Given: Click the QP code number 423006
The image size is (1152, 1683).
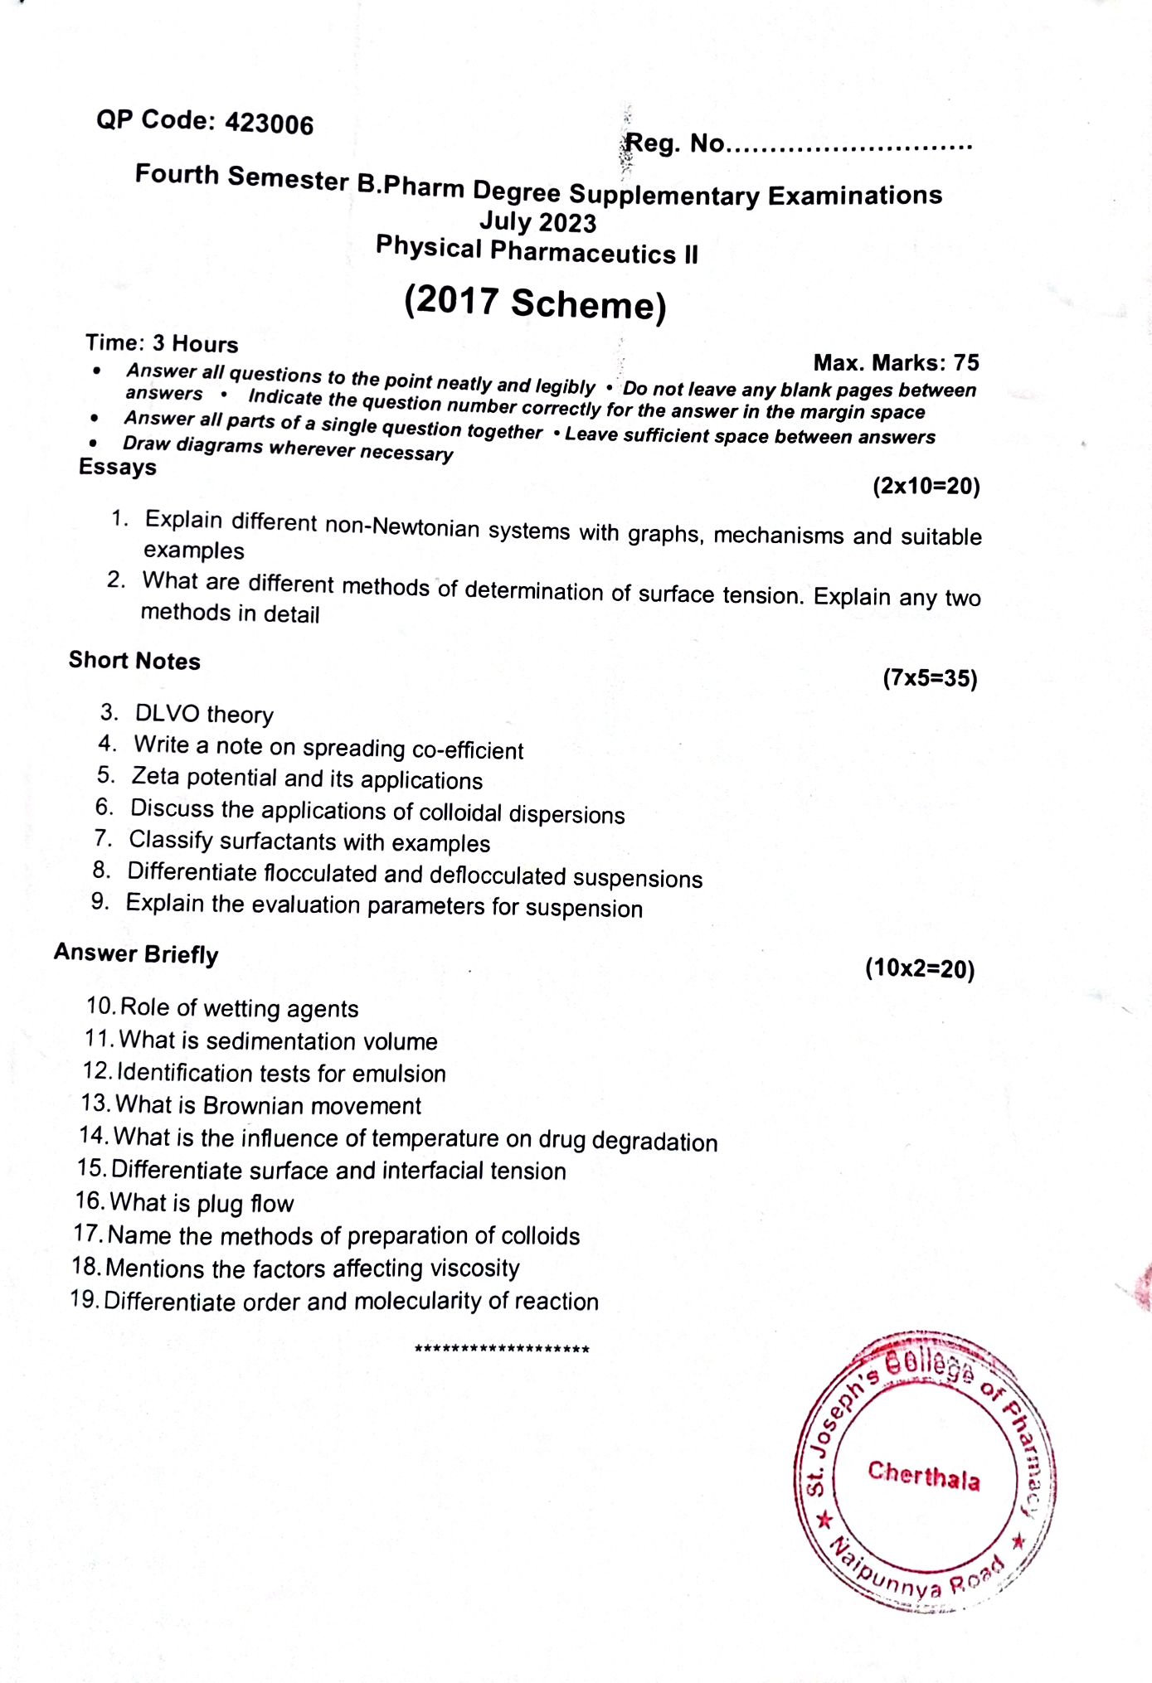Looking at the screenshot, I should pos(270,124).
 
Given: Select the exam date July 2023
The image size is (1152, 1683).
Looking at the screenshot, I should pos(537,222).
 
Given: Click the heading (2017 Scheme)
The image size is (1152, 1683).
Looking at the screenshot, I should pos(535,303).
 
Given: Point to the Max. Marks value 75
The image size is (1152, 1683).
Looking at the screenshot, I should pos(966,362).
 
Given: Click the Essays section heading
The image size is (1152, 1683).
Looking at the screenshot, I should pos(117,467).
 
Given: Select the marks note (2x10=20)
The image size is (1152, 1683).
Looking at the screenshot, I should pos(926,486).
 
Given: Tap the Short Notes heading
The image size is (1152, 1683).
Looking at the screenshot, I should pos(134,661).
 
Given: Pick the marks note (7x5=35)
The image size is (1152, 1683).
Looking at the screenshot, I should pos(930,678).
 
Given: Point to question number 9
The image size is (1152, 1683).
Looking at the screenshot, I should pos(100,901).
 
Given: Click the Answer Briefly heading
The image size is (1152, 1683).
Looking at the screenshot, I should pos(136,953).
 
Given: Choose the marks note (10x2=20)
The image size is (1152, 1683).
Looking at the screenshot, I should pos(920,968).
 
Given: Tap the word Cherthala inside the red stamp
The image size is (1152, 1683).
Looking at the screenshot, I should pos(924,1475).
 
